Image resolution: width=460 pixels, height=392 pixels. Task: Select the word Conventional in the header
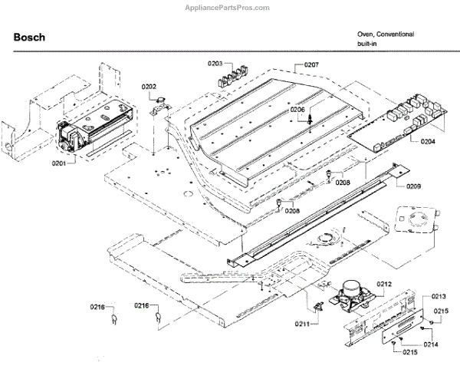click(397, 35)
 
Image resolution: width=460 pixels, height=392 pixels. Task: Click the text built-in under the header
click(366, 45)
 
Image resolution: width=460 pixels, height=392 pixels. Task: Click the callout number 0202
click(149, 86)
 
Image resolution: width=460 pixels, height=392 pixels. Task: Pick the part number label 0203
click(215, 64)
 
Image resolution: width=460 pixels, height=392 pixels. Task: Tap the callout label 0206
click(297, 110)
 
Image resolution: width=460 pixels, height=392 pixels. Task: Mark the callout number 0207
click(311, 65)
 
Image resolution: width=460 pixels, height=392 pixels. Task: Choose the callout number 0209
click(413, 186)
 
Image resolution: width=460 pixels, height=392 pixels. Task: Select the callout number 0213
click(439, 296)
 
